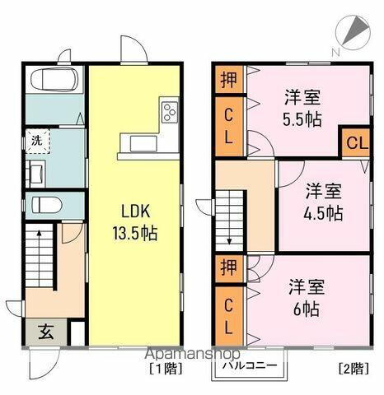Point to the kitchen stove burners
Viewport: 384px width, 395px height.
coord(170,111)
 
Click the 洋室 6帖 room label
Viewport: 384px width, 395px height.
coord(307,299)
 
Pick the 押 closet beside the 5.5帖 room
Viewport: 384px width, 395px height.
coord(228,80)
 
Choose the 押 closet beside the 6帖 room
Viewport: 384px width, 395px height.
coord(228,267)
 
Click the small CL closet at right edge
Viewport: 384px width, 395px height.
coord(355,143)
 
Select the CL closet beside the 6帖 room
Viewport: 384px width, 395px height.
coord(228,315)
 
